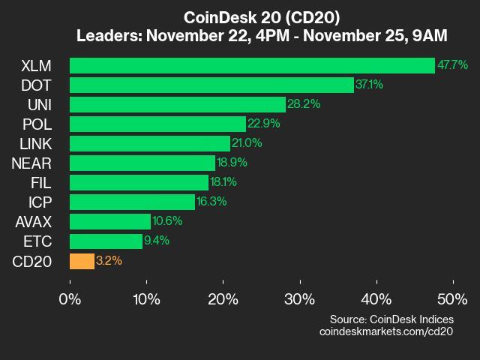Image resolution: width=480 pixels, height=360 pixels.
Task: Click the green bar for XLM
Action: [x=252, y=65]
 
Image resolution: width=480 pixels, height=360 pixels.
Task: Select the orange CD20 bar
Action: [x=82, y=261]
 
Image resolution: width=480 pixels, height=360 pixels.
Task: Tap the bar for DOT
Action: [x=211, y=85]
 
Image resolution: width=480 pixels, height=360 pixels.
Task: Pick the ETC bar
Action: [x=106, y=241]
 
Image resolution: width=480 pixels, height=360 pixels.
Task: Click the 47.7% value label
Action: [x=452, y=65]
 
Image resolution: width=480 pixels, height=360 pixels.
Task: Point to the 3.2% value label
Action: [x=109, y=261]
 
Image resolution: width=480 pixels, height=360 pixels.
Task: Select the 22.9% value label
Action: [x=262, y=124]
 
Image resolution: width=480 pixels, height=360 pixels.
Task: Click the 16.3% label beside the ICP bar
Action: [x=211, y=202]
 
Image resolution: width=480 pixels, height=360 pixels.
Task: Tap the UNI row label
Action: [x=39, y=104]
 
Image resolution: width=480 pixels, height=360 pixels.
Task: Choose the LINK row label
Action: [x=35, y=143]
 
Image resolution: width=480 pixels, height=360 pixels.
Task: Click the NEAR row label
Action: [x=33, y=163]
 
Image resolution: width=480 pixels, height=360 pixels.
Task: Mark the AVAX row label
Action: [x=33, y=221]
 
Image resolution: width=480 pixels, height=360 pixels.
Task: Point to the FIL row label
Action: [x=42, y=182]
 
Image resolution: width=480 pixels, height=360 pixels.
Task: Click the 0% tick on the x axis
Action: [x=70, y=300]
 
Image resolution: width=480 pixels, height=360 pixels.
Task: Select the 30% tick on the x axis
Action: [x=300, y=300]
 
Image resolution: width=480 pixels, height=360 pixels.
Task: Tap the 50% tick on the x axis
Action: [x=452, y=300]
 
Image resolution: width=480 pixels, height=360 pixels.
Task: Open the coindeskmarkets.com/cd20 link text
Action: [x=386, y=331]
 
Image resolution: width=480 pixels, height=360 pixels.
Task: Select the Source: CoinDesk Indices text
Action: [x=391, y=319]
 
